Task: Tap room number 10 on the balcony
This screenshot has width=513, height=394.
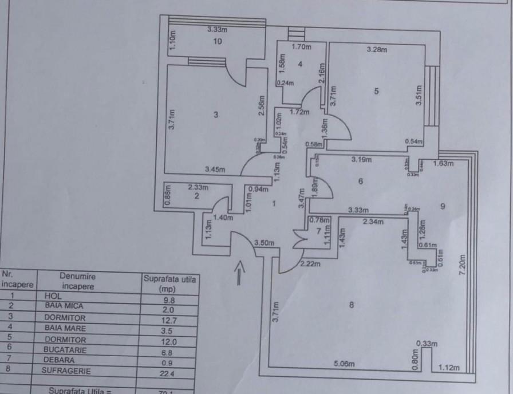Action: click(217, 41)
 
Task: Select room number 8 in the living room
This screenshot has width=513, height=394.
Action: click(351, 306)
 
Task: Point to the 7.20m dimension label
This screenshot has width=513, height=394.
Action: click(464, 264)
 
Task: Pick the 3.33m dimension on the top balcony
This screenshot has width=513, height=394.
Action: click(218, 29)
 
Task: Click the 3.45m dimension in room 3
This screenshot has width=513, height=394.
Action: click(215, 169)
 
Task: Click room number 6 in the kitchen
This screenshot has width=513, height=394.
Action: click(361, 182)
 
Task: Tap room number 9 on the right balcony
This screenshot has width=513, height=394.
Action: click(443, 206)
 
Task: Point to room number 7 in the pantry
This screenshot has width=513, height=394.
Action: click(319, 231)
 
